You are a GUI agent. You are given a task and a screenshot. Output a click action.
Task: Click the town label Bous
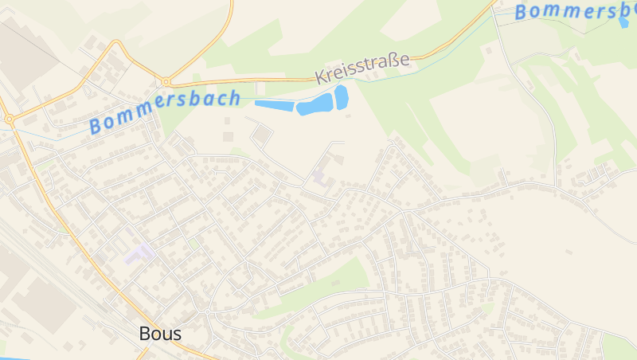coord(160,334)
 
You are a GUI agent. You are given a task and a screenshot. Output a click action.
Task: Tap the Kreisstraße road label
coord(362,68)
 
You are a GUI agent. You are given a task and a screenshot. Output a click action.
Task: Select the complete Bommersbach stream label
coord(165,112)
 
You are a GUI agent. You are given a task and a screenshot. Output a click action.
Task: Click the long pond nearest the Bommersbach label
coord(274,104)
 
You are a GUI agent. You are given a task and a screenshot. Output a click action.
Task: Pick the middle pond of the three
coord(315,104)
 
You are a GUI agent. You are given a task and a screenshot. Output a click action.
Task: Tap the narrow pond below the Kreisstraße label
coord(342,96)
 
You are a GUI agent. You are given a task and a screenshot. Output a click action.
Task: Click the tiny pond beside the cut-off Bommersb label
coord(623,22)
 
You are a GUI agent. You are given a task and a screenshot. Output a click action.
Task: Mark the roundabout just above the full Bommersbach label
coord(166,81)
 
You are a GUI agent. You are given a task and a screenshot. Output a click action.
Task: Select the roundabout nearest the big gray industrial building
coord(10,119)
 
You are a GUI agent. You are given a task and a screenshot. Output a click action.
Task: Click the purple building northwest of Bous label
coord(139,255)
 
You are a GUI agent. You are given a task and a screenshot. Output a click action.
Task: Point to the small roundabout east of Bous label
coord(207,310)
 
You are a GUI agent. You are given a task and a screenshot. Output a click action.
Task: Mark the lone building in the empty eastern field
coord(569,252)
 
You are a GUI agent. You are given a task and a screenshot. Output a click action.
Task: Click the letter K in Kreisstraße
coord(320,77)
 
